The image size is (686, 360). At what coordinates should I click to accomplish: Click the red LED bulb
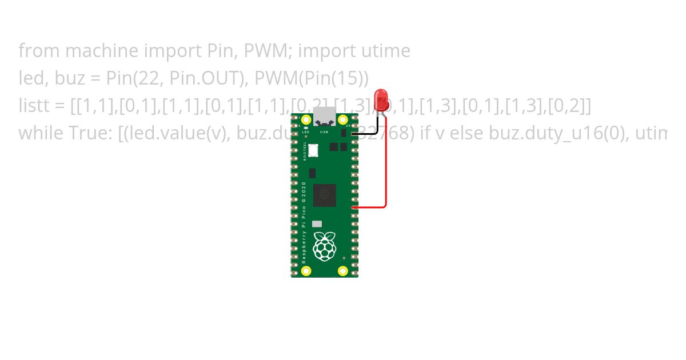point(381,100)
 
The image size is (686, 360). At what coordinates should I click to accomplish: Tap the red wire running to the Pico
point(386,171)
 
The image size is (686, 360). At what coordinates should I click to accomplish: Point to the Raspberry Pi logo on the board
point(324,246)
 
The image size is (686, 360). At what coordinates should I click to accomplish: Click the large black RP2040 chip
point(324,195)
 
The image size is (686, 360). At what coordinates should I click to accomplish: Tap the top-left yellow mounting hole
point(306,120)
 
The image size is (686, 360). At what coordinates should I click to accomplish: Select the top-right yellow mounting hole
point(343,120)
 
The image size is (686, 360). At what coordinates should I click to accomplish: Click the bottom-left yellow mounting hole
point(306,271)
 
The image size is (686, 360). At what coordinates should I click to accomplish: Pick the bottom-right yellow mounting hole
point(343,271)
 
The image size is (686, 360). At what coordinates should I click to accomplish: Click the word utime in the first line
point(385,51)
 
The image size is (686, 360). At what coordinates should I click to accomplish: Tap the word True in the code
point(83,134)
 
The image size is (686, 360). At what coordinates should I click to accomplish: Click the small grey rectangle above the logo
point(317,225)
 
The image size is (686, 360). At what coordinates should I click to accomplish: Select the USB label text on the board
point(324,132)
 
